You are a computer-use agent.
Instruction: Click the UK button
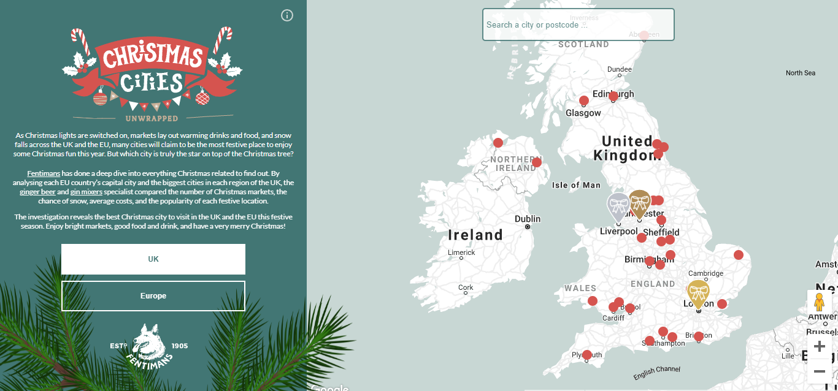[x=153, y=259]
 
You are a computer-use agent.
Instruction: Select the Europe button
[x=153, y=296]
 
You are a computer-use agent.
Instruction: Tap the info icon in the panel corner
[x=287, y=15]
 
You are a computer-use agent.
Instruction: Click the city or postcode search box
[x=578, y=25]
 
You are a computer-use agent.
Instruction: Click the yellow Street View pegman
[x=819, y=302]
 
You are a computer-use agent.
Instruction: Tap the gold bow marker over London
[x=698, y=294]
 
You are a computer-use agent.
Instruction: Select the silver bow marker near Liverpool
[x=618, y=206]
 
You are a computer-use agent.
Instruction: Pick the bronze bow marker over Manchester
[x=640, y=202]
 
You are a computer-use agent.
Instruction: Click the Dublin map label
[x=528, y=219]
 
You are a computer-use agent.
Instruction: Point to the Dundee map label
[x=619, y=69]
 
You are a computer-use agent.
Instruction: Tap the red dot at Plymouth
[x=587, y=355]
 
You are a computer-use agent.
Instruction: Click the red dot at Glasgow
[x=584, y=101]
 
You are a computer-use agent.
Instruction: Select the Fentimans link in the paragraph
[x=44, y=174]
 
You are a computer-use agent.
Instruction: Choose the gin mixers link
[x=86, y=192]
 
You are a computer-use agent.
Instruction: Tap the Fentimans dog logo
[x=149, y=346]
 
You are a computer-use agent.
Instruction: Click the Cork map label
[x=466, y=287]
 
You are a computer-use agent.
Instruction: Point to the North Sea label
[x=800, y=73]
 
